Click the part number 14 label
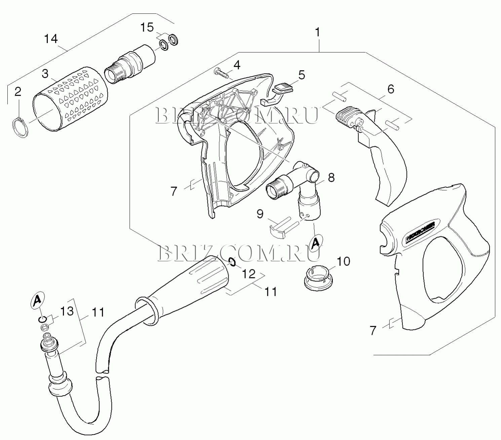click(x=51, y=39)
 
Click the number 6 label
click(x=390, y=89)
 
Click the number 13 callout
click(x=67, y=311)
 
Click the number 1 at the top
click(x=317, y=33)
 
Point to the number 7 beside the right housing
click(x=373, y=330)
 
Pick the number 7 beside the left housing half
click(x=174, y=191)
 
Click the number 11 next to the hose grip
click(x=271, y=291)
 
